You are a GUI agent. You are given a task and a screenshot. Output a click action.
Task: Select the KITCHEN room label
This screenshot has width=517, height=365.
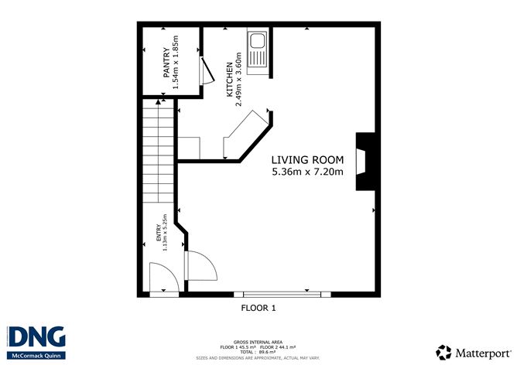click(230, 80)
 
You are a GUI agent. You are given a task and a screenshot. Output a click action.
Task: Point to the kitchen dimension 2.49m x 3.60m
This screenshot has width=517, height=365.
click(240, 75)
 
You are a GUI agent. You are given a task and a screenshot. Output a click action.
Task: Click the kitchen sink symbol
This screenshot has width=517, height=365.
click(257, 49)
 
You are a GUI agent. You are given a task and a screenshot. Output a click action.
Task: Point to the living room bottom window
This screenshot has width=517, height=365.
click(277, 295)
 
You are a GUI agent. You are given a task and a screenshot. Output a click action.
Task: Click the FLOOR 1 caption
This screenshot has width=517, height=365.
click(258, 308)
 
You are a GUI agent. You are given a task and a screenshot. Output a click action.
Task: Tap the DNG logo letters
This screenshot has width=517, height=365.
click(36, 338)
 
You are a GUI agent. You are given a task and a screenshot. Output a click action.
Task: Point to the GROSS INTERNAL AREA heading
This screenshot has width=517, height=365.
click(258, 340)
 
